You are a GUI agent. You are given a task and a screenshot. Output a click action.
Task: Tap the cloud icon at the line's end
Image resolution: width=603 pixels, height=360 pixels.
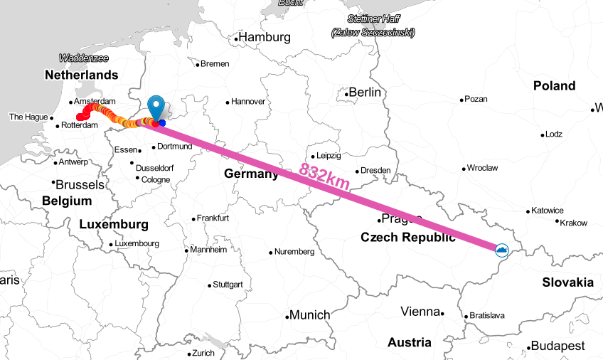[x=502, y=250]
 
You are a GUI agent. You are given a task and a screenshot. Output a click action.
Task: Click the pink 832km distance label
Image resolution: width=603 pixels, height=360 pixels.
[x=324, y=177]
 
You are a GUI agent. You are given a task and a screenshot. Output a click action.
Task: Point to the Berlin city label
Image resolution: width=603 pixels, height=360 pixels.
[x=365, y=92]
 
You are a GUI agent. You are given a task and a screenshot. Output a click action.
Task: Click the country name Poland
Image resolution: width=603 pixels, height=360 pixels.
[x=555, y=85]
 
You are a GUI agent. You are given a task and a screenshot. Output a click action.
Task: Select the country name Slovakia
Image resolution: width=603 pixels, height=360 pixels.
[x=567, y=282]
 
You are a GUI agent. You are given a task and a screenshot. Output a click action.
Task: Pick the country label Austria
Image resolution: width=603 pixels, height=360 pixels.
[x=410, y=342]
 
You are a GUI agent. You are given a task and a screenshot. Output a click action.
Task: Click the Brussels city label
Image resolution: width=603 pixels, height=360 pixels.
[x=80, y=184]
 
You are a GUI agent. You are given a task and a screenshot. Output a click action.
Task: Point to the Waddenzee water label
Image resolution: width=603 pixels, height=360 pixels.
[x=84, y=58]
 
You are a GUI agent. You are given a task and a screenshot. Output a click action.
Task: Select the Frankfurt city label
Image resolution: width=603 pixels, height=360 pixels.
[x=213, y=218]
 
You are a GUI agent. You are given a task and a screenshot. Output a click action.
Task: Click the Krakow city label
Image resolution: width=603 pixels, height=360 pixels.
[x=574, y=223]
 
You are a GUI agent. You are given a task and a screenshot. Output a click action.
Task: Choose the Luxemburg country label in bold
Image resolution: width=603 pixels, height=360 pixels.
[x=114, y=225]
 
